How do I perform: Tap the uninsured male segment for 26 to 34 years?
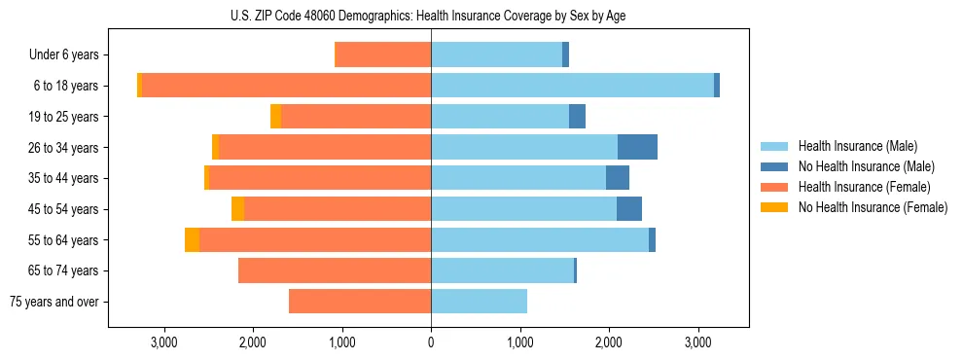click(637, 147)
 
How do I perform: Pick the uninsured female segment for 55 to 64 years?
click(192, 240)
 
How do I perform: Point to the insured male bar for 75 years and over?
click(479, 302)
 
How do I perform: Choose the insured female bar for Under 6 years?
click(382, 54)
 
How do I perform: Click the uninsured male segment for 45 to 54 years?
click(629, 209)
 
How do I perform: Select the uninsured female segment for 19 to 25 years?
click(275, 117)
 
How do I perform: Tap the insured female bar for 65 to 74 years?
click(335, 270)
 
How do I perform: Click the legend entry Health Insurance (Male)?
click(857, 146)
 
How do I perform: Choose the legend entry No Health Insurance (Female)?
click(873, 207)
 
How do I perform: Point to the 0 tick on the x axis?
click(431, 342)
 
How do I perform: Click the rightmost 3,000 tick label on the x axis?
click(698, 342)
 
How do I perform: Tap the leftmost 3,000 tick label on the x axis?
click(163, 342)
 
